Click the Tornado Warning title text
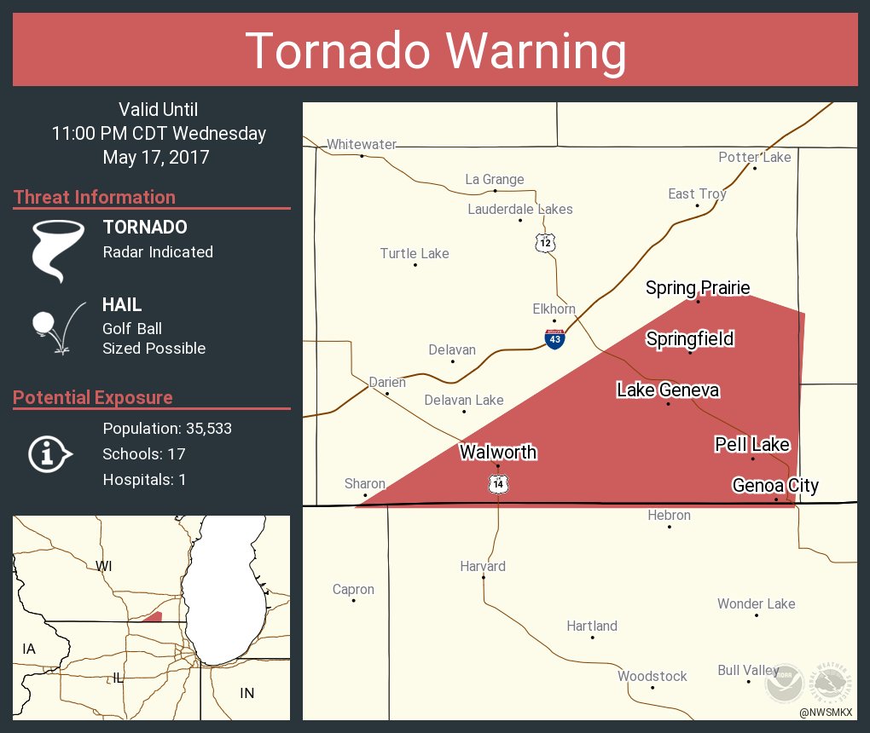[x=435, y=51]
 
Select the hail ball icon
[x=44, y=323]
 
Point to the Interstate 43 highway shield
[x=554, y=338]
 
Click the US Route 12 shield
[x=546, y=242]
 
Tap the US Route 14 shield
[x=498, y=484]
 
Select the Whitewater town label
[x=362, y=145]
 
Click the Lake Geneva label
[x=668, y=390]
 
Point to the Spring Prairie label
[x=698, y=288]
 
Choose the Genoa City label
[x=775, y=486]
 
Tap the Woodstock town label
[x=652, y=676]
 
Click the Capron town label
[x=353, y=589]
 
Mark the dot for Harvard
[x=484, y=577]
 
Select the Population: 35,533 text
[x=167, y=428]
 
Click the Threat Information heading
[x=95, y=197]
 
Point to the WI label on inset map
[x=104, y=566]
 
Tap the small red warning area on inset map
[x=153, y=616]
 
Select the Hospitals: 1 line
[x=144, y=479]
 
